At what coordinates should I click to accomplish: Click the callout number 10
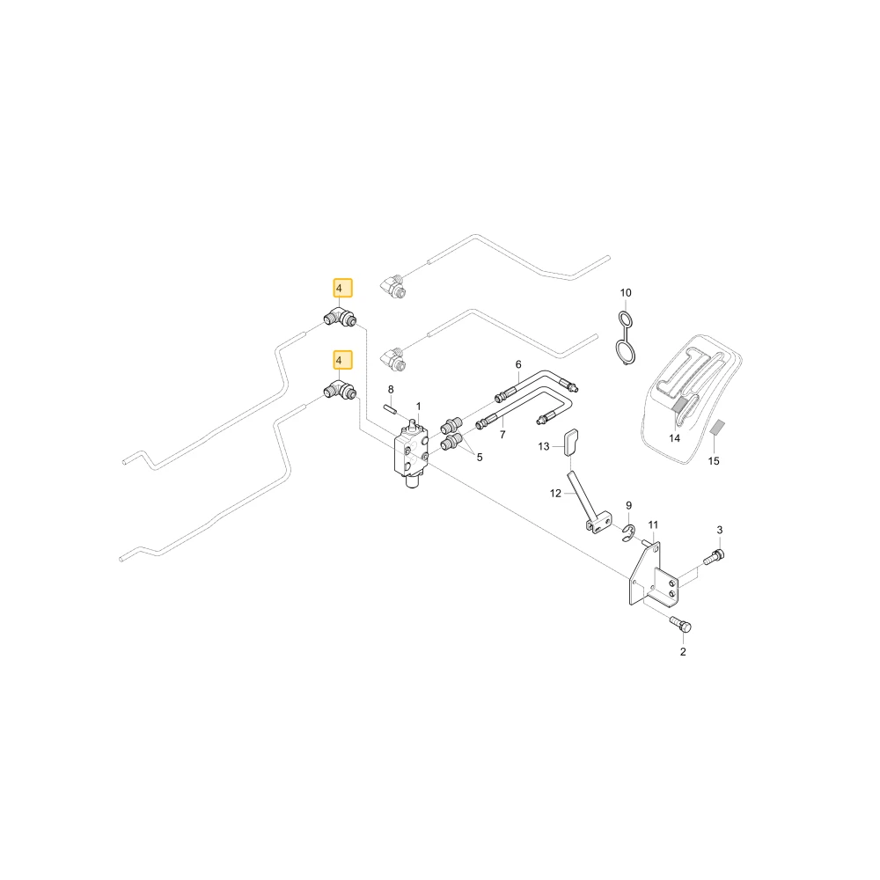[x=625, y=293]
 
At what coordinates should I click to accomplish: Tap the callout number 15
[x=714, y=461]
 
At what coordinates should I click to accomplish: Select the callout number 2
[x=683, y=651]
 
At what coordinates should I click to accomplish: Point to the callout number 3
[x=720, y=530]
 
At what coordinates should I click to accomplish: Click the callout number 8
[x=391, y=390]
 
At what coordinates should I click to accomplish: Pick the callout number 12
[x=555, y=494]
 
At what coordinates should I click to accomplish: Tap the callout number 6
[x=518, y=365]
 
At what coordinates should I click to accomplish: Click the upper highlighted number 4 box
[x=343, y=288]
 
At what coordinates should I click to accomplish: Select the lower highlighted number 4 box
[x=343, y=360]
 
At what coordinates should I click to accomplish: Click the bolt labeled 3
[x=714, y=557]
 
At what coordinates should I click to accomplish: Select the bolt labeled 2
[x=681, y=624]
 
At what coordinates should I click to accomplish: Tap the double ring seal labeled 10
[x=624, y=340]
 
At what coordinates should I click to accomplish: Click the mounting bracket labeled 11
[x=654, y=576]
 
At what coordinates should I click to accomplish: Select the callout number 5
[x=480, y=458]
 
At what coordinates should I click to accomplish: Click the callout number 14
[x=674, y=437]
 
